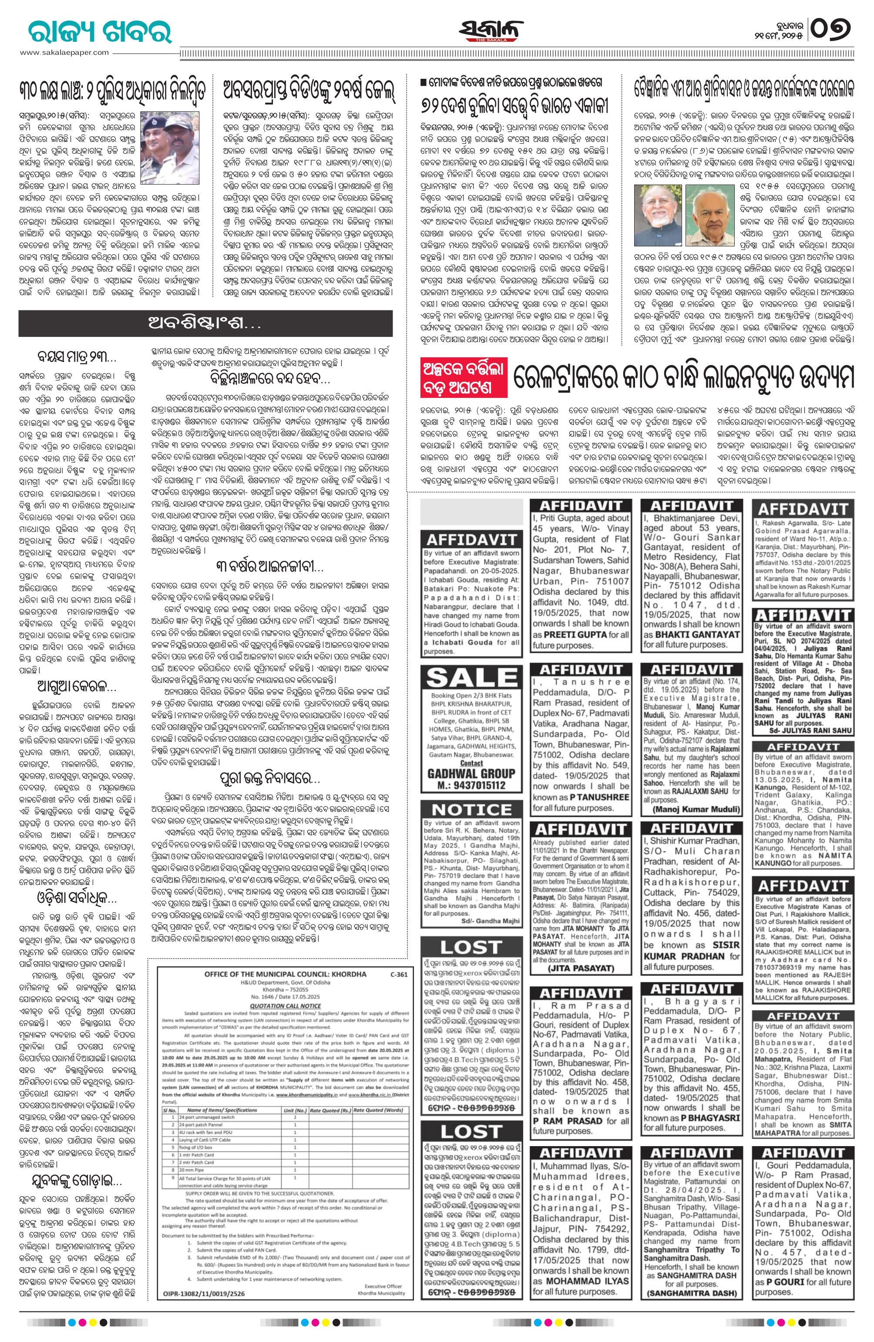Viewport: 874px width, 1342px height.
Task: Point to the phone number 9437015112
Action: point(472,785)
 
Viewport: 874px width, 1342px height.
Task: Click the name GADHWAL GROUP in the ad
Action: point(472,773)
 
